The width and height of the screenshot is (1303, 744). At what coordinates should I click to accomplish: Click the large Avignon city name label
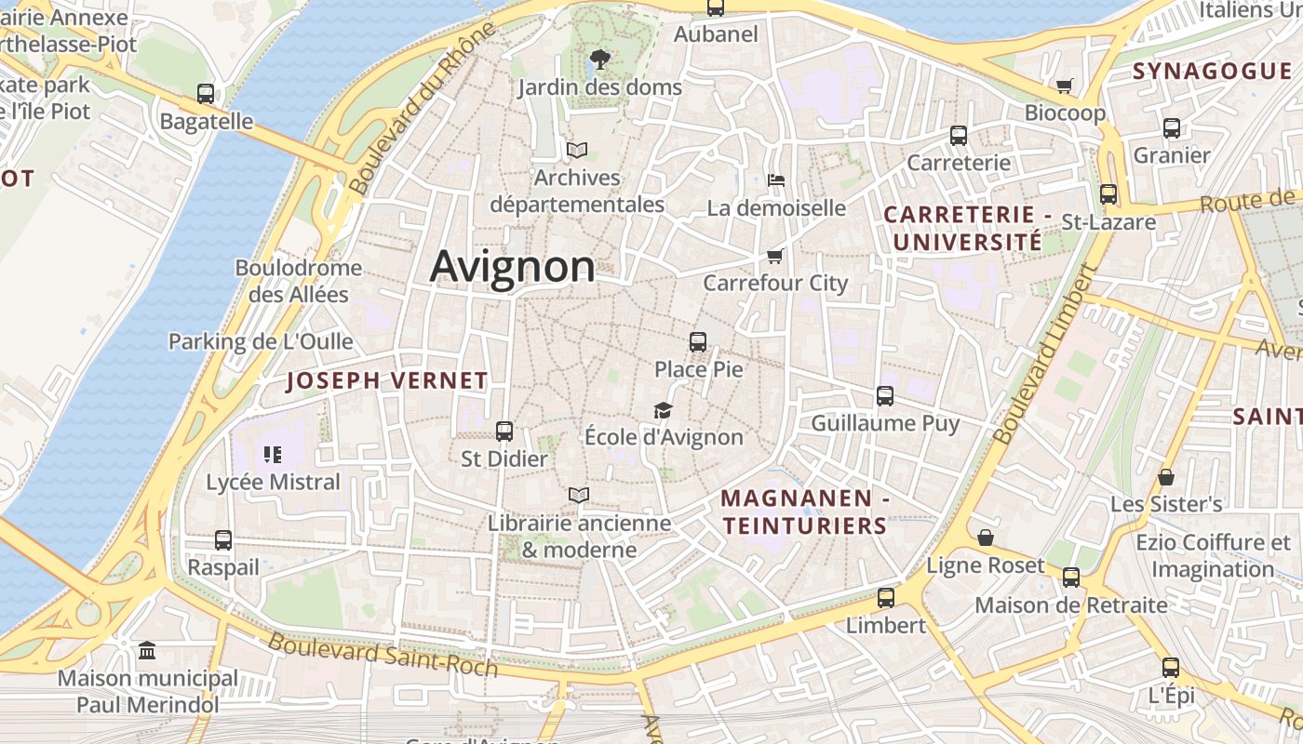pyautogui.click(x=512, y=267)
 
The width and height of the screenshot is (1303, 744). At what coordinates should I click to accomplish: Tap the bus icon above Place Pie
pyautogui.click(x=698, y=342)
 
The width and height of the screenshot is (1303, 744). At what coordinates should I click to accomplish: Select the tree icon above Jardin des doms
pyautogui.click(x=600, y=60)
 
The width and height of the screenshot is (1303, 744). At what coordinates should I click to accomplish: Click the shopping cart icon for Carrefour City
pyautogui.click(x=774, y=256)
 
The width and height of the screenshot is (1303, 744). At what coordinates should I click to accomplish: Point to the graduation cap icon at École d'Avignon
pyautogui.click(x=663, y=410)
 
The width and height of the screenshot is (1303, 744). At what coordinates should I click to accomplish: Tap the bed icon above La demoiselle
pyautogui.click(x=776, y=179)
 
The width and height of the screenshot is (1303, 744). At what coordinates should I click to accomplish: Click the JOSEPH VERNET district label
pyautogui.click(x=386, y=380)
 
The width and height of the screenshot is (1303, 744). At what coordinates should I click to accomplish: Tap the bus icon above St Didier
pyautogui.click(x=504, y=432)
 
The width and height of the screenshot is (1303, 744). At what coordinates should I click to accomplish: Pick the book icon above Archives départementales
pyautogui.click(x=577, y=150)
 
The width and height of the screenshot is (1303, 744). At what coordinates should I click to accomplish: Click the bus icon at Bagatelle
pyautogui.click(x=206, y=94)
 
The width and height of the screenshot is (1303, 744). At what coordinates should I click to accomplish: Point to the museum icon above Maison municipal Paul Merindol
pyautogui.click(x=147, y=650)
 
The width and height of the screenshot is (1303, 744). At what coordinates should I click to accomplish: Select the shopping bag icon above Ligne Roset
pyautogui.click(x=986, y=538)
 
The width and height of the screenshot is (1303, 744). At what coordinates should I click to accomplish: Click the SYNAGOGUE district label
pyautogui.click(x=1212, y=72)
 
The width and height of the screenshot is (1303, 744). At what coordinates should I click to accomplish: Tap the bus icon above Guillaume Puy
pyautogui.click(x=885, y=396)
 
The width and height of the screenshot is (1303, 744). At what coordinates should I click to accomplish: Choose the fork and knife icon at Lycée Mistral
pyautogui.click(x=273, y=455)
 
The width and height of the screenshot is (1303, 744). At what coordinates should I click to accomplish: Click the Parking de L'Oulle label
pyautogui.click(x=261, y=341)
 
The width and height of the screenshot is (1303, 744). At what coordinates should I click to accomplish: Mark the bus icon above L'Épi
pyautogui.click(x=1171, y=668)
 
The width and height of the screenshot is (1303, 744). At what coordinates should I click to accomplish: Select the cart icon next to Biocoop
pyautogui.click(x=1065, y=86)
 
